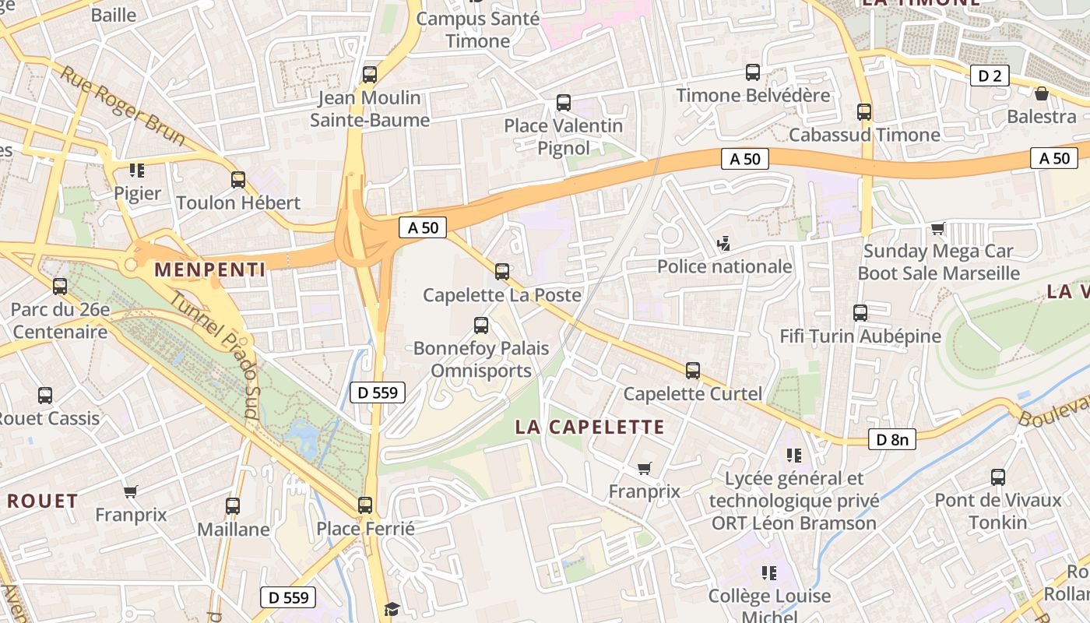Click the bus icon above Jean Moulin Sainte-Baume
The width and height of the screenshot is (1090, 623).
click(x=370, y=75)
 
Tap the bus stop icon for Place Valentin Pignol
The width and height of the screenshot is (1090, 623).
click(x=564, y=103)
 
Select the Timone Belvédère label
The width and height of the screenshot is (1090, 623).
click(x=753, y=96)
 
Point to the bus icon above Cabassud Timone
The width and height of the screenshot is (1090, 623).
click(x=864, y=112)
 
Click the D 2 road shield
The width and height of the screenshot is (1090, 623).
click(x=990, y=76)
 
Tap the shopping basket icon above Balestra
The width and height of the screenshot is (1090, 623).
click(x=1042, y=94)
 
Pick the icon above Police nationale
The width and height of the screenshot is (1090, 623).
click(x=723, y=244)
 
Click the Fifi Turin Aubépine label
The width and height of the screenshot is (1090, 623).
click(x=860, y=336)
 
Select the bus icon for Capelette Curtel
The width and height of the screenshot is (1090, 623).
click(x=693, y=371)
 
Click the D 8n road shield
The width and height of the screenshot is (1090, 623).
click(x=892, y=439)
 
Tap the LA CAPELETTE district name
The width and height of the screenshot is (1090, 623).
click(x=590, y=427)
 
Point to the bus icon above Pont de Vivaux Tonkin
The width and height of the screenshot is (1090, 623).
click(x=998, y=477)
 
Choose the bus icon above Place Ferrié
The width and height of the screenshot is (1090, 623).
click(x=365, y=505)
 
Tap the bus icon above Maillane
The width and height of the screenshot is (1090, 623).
click(x=233, y=506)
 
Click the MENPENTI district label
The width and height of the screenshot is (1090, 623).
click(x=210, y=270)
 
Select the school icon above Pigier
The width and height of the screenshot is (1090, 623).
click(x=137, y=170)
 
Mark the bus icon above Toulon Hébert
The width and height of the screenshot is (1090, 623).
click(x=238, y=180)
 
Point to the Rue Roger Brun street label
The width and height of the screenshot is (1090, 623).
click(x=123, y=107)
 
